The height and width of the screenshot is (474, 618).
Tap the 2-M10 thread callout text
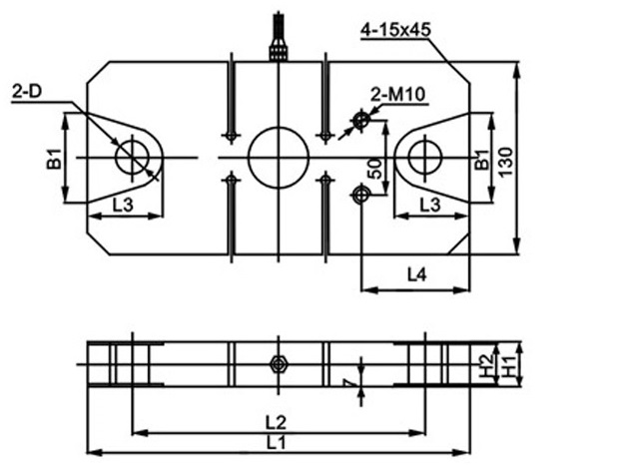[399, 95]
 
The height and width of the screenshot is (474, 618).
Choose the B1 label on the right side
[482, 158]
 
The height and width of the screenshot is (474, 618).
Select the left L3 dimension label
[122, 205]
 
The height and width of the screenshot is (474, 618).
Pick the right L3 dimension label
[430, 205]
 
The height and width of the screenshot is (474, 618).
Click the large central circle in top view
[278, 158]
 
